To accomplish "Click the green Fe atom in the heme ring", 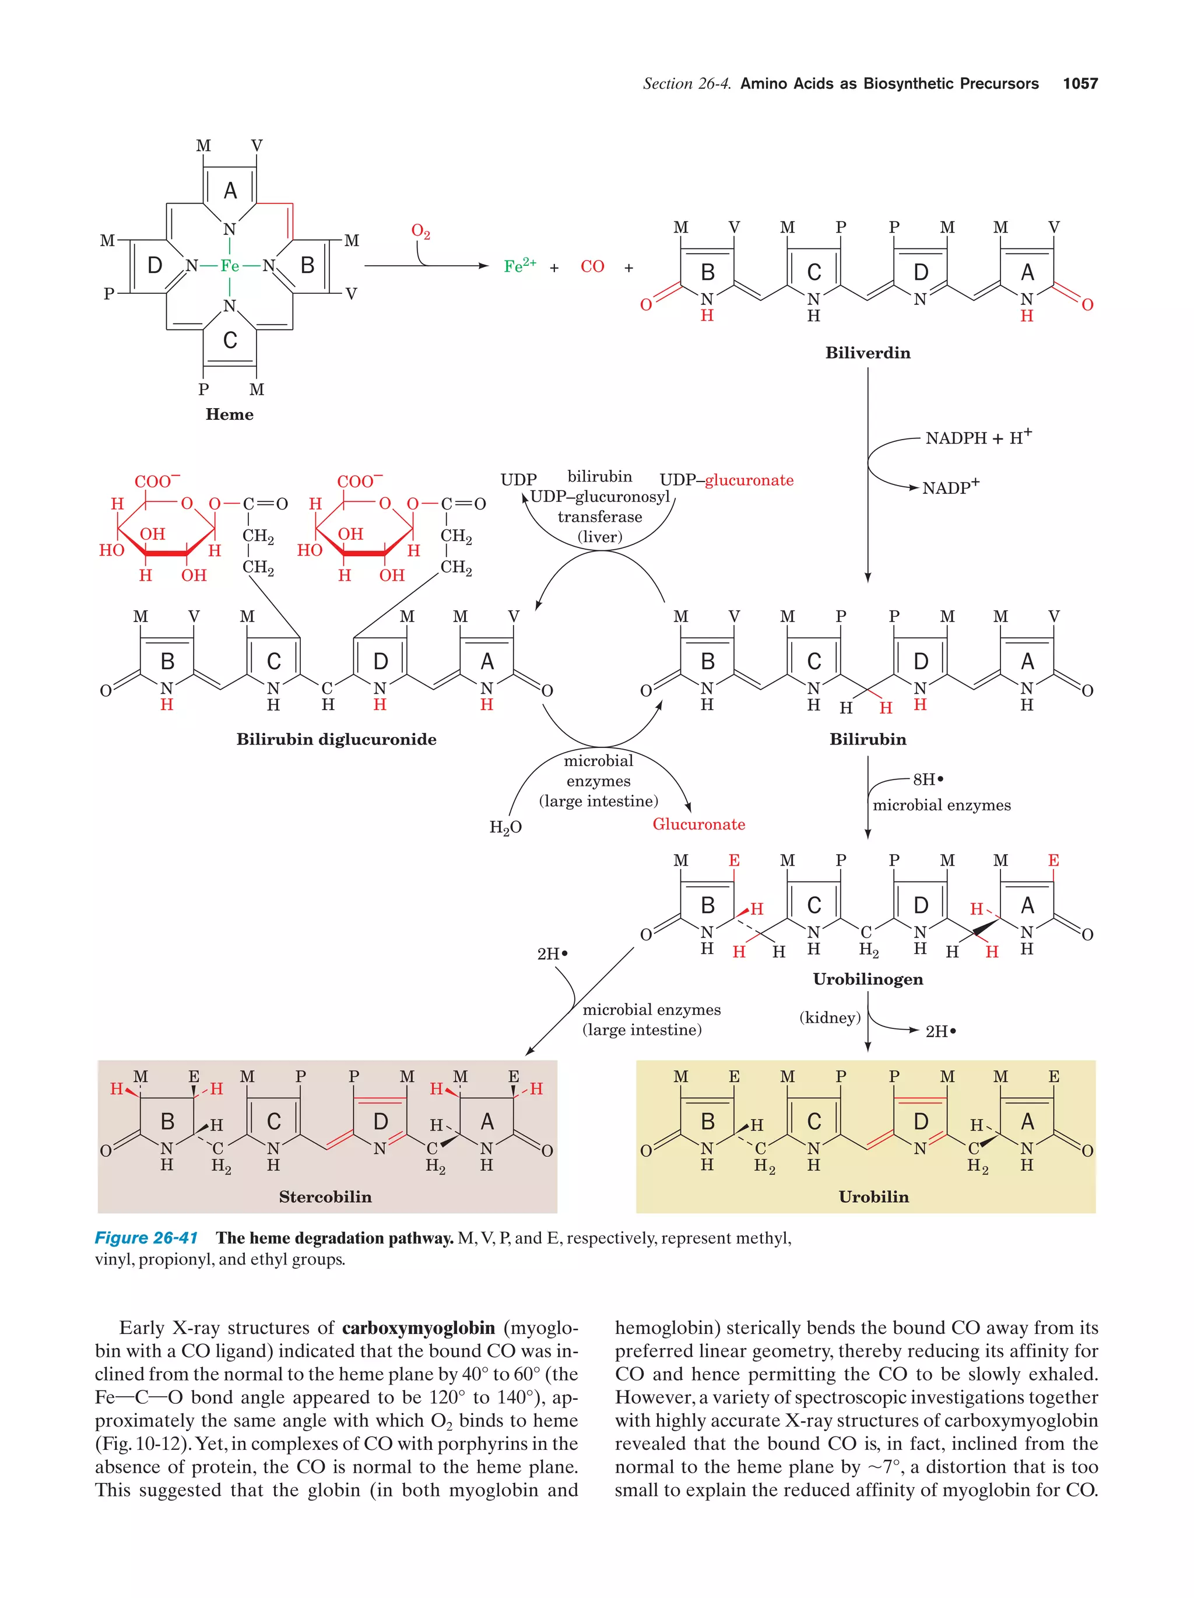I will [x=230, y=266].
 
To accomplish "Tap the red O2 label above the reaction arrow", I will [x=420, y=231].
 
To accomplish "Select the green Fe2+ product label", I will [x=519, y=266].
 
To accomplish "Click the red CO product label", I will [x=592, y=266].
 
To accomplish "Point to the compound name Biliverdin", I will [x=868, y=353].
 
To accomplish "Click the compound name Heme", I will [x=230, y=414].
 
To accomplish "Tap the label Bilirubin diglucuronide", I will [x=336, y=739].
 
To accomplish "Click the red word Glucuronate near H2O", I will [x=698, y=824].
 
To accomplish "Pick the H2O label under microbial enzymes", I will [x=505, y=827].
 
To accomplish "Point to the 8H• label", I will [x=928, y=779].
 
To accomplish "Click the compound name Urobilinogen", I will [x=868, y=979].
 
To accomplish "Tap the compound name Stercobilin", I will [x=325, y=1197].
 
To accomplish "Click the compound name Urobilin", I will [x=873, y=1197].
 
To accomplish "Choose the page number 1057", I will [x=1080, y=84].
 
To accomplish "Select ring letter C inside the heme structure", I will [x=230, y=340].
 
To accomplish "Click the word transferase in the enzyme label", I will [x=599, y=517].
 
